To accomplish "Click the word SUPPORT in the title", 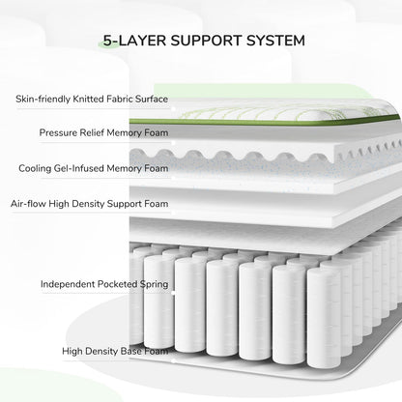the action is pyautogui.click(x=206, y=41).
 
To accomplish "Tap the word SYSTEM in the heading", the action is pyautogui.click(x=275, y=41).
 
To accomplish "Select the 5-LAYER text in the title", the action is pyautogui.click(x=134, y=41).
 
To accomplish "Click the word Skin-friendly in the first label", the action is pyautogui.click(x=43, y=99).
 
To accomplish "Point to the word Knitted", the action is pyautogui.click(x=88, y=99).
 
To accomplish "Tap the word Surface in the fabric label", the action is pyautogui.click(x=152, y=99).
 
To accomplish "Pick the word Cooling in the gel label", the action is pyautogui.click(x=35, y=168).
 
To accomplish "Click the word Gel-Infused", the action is pyautogui.click(x=79, y=168).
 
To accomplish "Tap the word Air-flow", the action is pyautogui.click(x=28, y=204).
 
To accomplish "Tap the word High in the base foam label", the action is pyautogui.click(x=72, y=352).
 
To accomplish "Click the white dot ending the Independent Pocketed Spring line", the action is pyautogui.click(x=173, y=293).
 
